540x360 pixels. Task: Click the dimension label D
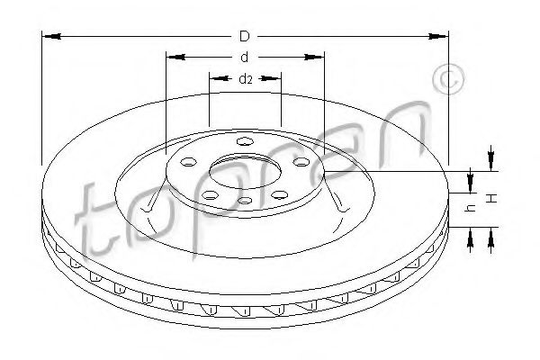click(x=245, y=36)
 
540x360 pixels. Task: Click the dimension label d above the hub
click(x=245, y=58)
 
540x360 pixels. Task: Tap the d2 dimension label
click(x=246, y=79)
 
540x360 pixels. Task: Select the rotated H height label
click(x=492, y=198)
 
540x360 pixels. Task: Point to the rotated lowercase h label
click(x=471, y=207)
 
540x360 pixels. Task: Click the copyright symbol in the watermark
click(x=448, y=79)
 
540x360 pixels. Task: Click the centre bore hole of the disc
click(x=245, y=172)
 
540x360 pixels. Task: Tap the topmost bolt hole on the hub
click(x=245, y=141)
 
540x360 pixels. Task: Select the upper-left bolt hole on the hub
click(x=189, y=162)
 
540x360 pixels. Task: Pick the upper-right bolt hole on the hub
click(x=301, y=162)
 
